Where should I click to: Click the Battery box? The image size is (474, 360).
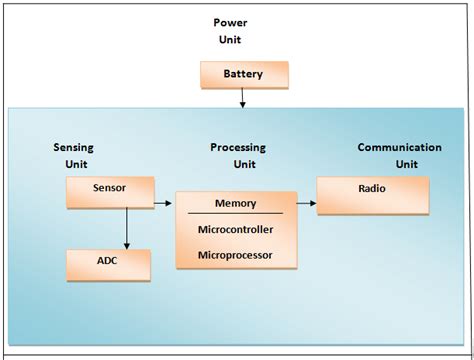[244, 75]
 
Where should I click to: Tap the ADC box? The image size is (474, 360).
[108, 263]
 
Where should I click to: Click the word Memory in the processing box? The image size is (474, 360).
[236, 203]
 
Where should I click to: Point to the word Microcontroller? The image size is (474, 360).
[237, 229]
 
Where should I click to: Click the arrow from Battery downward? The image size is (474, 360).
[244, 97]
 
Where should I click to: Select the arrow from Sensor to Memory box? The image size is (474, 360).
[163, 203]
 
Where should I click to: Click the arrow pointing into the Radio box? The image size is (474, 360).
[304, 204]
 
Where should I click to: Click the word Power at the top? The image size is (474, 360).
[229, 22]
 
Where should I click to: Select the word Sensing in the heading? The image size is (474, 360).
[73, 147]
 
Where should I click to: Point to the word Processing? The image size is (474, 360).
[237, 147]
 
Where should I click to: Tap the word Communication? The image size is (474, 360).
[399, 147]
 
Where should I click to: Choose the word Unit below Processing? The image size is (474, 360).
[245, 164]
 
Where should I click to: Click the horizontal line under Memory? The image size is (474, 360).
[236, 213]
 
